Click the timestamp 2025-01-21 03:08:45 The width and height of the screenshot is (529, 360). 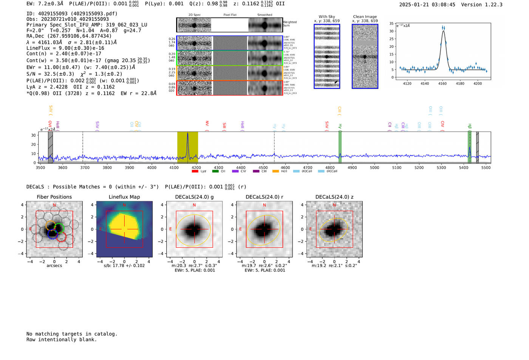click(427, 5)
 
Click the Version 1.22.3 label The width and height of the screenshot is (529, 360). click(481, 5)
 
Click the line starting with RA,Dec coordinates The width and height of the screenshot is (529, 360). click(69, 36)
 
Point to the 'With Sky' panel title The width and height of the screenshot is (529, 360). click(326, 17)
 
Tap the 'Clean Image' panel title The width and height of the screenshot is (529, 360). click(365, 17)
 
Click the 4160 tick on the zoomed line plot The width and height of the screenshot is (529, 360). click(442, 83)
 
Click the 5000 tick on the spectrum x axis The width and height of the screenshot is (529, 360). click(374, 168)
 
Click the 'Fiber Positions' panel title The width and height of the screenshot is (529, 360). click(54, 197)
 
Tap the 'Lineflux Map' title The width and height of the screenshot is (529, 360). click(124, 197)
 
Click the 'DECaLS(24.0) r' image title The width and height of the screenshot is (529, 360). click(264, 197)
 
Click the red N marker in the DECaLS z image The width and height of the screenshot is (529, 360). click(334, 205)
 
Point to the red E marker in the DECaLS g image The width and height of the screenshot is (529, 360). click(170, 229)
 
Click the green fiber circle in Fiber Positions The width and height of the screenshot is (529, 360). click(59, 228)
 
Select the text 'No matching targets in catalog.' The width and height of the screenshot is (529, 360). click(72, 334)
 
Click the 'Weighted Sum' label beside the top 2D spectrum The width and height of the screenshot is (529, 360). click(289, 24)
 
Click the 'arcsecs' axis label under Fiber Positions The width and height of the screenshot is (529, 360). click(54, 266)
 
